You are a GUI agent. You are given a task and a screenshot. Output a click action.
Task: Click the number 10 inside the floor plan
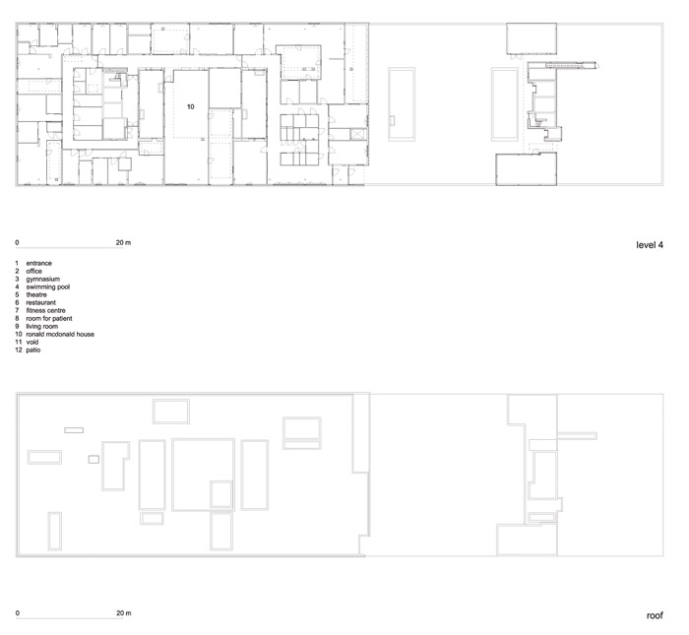click(x=190, y=106)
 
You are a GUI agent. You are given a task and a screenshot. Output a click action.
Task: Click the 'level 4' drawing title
click(x=650, y=245)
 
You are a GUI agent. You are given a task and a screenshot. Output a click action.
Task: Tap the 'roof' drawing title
click(x=655, y=615)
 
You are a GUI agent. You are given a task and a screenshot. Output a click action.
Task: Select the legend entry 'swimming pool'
click(x=48, y=286)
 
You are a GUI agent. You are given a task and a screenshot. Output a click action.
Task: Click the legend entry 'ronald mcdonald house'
click(x=60, y=334)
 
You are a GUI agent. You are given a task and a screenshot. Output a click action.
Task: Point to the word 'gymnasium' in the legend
click(x=43, y=279)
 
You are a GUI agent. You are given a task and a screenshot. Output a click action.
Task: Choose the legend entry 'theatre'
click(x=36, y=295)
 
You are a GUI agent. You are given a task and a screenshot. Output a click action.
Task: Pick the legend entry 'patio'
click(x=33, y=349)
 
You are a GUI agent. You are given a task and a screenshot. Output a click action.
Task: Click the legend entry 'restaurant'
click(x=41, y=303)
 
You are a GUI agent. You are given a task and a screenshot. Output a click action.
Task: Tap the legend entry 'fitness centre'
click(x=45, y=311)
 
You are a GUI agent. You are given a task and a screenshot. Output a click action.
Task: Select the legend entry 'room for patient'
click(x=49, y=319)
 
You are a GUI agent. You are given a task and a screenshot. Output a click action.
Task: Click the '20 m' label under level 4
click(x=123, y=242)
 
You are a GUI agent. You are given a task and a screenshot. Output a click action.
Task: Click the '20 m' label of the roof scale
click(x=123, y=613)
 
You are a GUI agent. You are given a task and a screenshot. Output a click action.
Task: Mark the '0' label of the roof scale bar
click(x=17, y=613)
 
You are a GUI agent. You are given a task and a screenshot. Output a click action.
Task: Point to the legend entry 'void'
click(x=32, y=342)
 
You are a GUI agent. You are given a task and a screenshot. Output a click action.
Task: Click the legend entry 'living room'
click(x=42, y=327)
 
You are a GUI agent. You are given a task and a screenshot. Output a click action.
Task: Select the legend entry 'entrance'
click(x=39, y=263)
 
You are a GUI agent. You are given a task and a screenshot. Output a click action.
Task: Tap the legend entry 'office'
click(x=34, y=271)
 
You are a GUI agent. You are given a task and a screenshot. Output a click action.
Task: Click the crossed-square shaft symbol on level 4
click(x=358, y=135)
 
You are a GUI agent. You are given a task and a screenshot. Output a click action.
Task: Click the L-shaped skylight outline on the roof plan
click(x=104, y=466)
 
